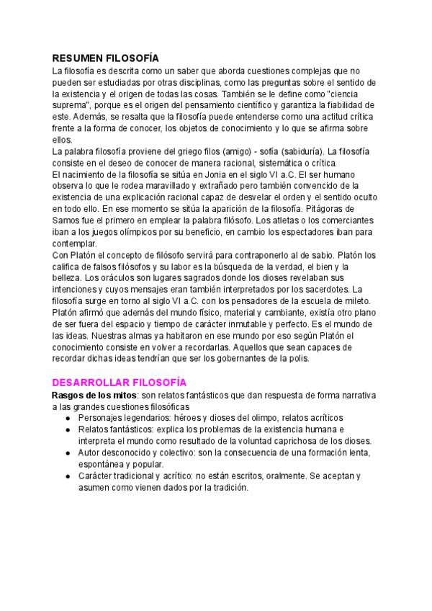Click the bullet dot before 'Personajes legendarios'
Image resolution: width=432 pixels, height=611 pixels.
[67, 418]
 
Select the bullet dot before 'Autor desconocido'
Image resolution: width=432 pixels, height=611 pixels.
[67, 452]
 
